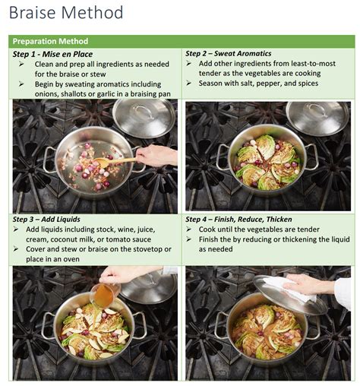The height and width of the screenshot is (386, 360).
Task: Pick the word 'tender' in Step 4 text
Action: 314,229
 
